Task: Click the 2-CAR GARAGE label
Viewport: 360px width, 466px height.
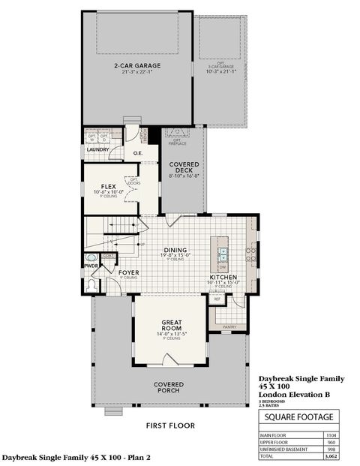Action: pos(133,66)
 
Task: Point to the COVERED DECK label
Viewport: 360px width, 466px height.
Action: pos(184,167)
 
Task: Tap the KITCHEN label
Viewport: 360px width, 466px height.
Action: pos(224,277)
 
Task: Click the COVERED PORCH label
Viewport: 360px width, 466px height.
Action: pos(170,387)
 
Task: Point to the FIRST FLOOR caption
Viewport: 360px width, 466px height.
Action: pos(170,425)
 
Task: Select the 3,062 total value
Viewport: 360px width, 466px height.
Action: pos(331,455)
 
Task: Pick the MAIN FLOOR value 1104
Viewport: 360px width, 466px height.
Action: pos(331,434)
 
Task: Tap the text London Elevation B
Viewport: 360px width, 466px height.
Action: pos(295,394)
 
